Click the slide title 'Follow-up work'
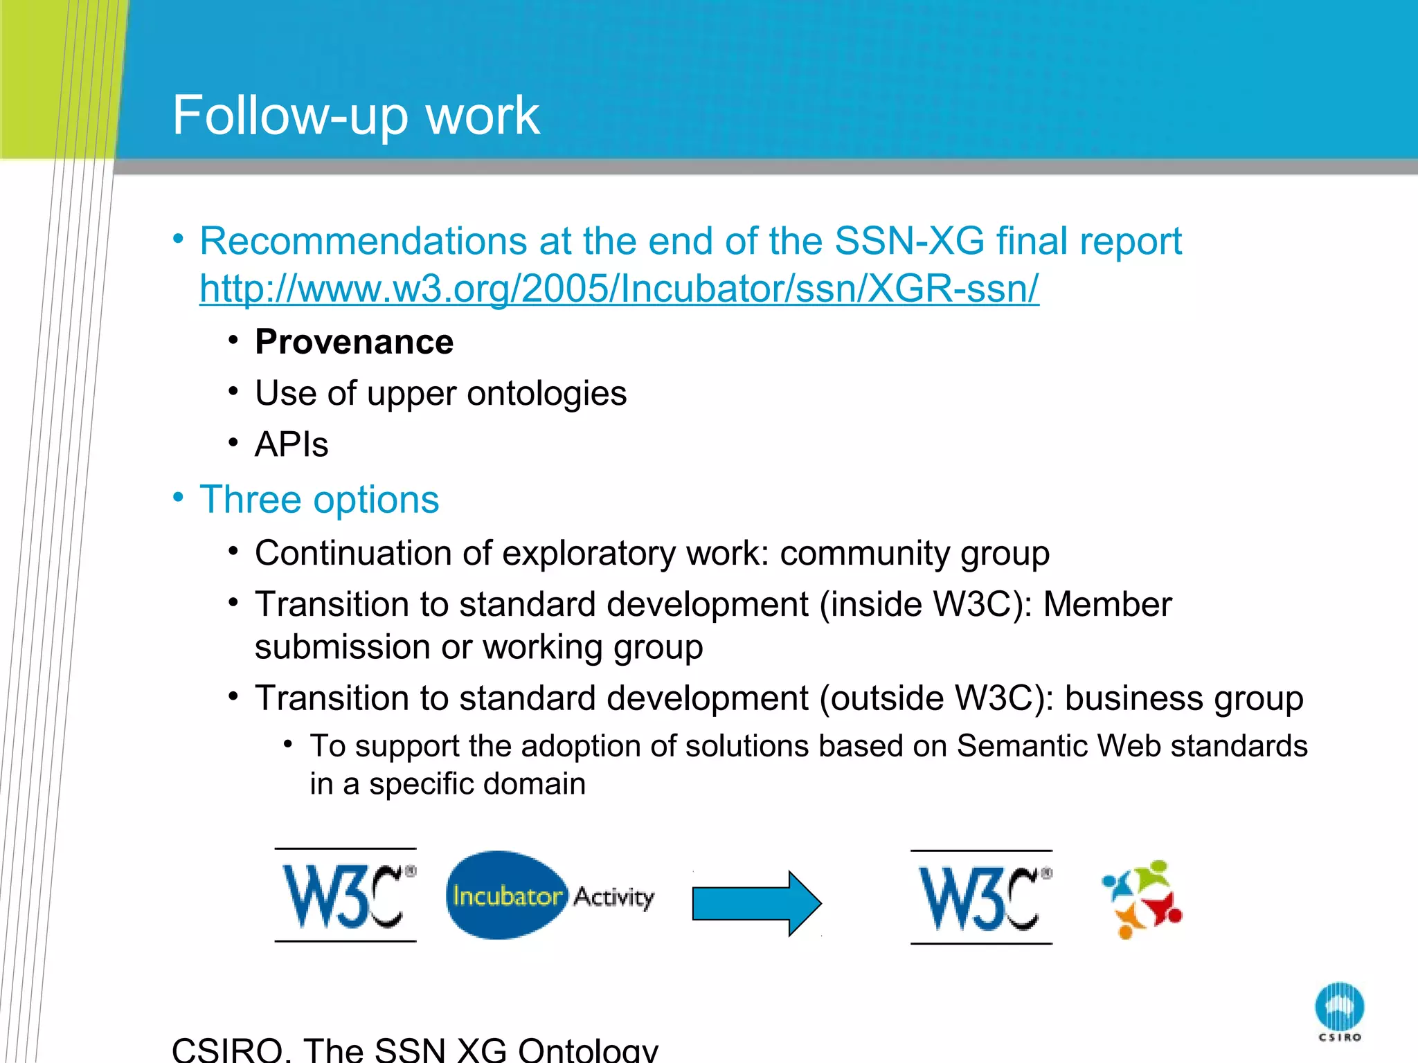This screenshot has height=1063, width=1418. coord(355,116)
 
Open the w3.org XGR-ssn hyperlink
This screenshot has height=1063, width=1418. coord(619,289)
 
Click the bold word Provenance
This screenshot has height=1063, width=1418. coord(354,342)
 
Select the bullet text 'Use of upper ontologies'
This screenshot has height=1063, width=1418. coord(440,393)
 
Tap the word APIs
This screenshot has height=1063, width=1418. coord(291,444)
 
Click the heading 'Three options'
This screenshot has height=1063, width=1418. coord(319,499)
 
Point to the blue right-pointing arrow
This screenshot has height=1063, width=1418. coord(756,903)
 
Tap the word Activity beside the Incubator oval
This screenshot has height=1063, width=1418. coord(613,897)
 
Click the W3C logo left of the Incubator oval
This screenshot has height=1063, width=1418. coord(345,896)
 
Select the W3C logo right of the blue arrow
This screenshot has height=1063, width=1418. coord(981,898)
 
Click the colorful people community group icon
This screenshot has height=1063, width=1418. coord(1142,899)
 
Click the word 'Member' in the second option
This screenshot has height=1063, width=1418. coord(1107,604)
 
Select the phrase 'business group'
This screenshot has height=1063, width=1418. coord(1183,698)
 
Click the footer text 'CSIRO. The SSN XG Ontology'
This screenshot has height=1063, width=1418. coord(415,1049)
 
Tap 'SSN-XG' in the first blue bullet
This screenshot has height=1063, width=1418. coord(909,241)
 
